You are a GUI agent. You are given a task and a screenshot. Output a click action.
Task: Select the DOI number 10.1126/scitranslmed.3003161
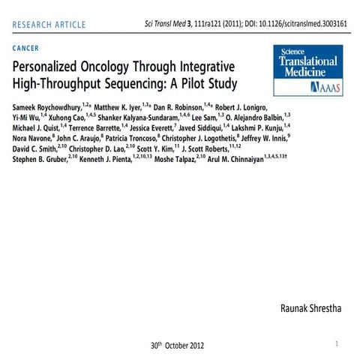[296, 24]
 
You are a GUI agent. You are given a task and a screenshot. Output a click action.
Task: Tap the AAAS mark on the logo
[324, 87]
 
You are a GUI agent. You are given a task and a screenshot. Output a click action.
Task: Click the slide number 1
[337, 343]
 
